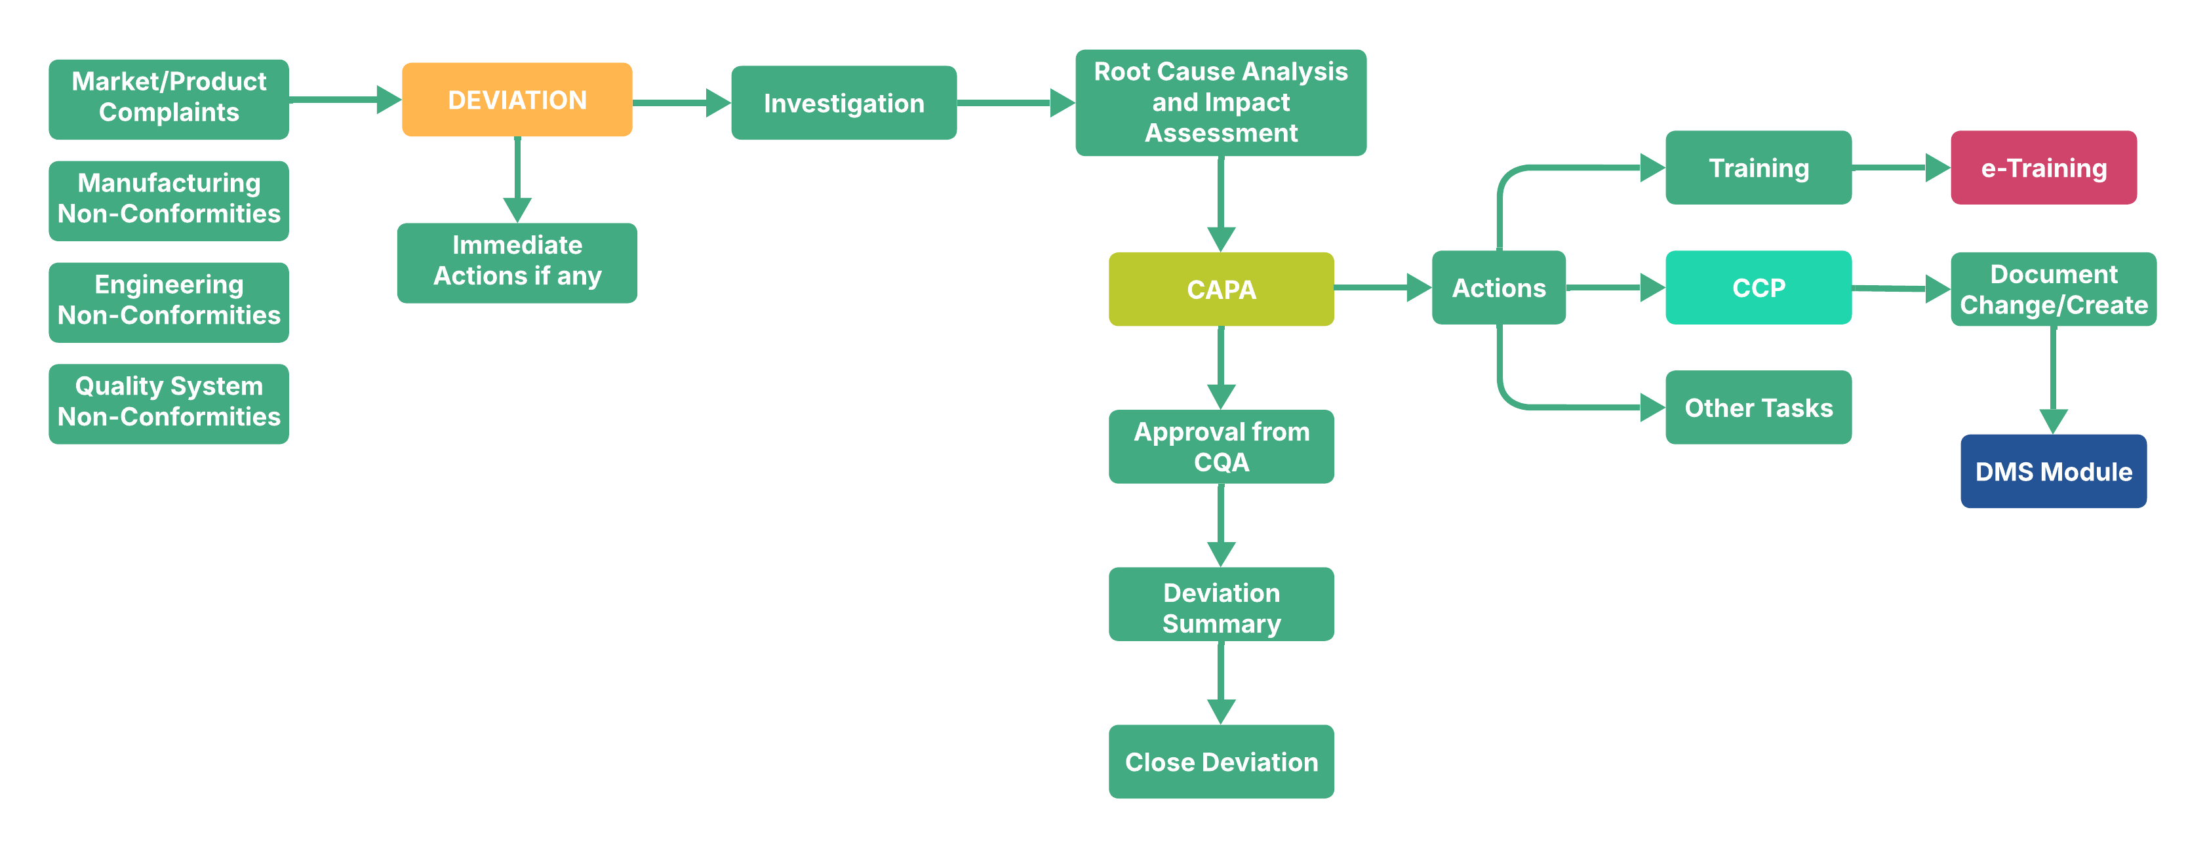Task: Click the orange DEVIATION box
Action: [517, 100]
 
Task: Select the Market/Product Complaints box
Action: [169, 98]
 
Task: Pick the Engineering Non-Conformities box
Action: [169, 302]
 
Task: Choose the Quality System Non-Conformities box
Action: [169, 403]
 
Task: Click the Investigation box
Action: [843, 103]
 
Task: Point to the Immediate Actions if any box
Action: [517, 262]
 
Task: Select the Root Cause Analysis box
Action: [1220, 102]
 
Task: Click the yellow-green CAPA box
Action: [1220, 288]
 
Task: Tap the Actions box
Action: [1498, 288]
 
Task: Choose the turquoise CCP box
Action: [1757, 288]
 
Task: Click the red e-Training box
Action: [2042, 168]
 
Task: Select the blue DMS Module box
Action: [2053, 471]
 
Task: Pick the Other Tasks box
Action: [1757, 408]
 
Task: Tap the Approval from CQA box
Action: [1220, 446]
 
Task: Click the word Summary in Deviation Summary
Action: [1220, 623]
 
